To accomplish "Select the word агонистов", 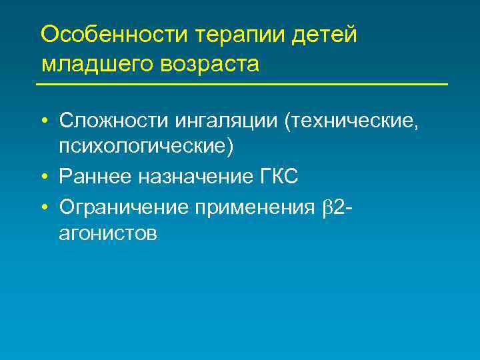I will pyautogui.click(x=108, y=233).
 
